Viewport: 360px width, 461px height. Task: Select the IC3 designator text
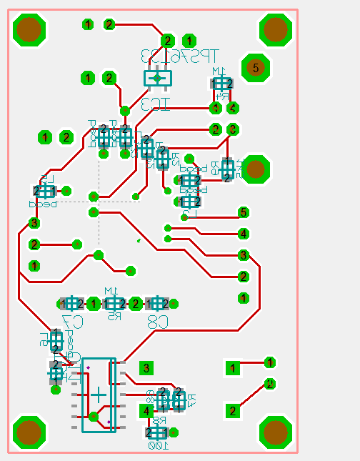pyautogui.click(x=156, y=104)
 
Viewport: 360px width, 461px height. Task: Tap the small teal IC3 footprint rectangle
pyautogui.click(x=158, y=77)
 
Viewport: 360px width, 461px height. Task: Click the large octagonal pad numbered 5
pyautogui.click(x=255, y=68)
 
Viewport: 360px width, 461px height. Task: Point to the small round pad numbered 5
pyautogui.click(x=243, y=212)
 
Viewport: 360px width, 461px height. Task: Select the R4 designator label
pyautogui.click(x=224, y=95)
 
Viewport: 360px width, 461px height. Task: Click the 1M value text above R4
pyautogui.click(x=219, y=71)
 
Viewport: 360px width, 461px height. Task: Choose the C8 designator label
pyautogui.click(x=158, y=322)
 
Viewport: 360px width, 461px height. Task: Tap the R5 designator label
pyautogui.click(x=113, y=315)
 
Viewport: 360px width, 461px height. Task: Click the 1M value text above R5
pyautogui.click(x=111, y=290)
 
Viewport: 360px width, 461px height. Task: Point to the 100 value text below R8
pyautogui.click(x=156, y=445)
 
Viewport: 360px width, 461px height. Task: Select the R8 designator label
pyautogui.click(x=158, y=421)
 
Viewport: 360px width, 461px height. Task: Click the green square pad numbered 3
pyautogui.click(x=146, y=368)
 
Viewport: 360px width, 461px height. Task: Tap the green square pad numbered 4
pyautogui.click(x=146, y=411)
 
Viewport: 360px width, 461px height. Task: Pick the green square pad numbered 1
pyautogui.click(x=232, y=368)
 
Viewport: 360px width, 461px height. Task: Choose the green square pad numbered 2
pyautogui.click(x=232, y=411)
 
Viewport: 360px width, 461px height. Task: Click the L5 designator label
pyautogui.click(x=45, y=179)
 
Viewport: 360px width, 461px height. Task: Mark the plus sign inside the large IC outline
pyautogui.click(x=99, y=395)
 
